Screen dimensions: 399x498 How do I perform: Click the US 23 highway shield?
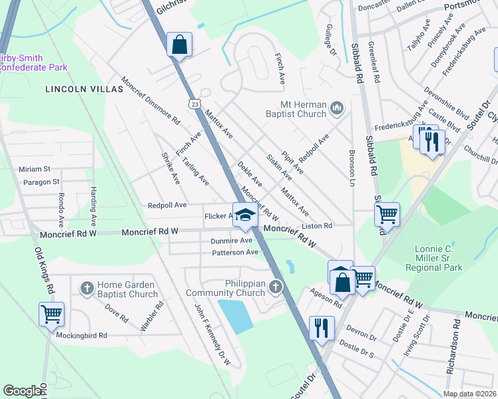coord(194,104)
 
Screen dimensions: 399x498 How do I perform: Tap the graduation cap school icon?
coord(244,215)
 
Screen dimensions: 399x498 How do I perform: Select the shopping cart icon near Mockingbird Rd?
coord(51,314)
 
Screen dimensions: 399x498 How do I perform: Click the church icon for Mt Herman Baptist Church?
coord(337,108)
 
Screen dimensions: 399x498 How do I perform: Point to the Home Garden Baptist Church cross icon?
coord(86,288)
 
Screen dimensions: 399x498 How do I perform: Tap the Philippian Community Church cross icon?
coord(274,287)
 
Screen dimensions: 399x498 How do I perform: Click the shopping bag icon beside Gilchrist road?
coord(179,45)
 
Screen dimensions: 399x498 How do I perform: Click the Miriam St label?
coord(35,170)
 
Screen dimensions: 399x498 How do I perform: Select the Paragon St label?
coord(41,181)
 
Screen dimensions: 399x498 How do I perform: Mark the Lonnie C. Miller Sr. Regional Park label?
coord(437,257)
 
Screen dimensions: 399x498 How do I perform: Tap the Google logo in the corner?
coord(22,391)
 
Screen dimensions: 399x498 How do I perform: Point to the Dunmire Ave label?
coord(232,241)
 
